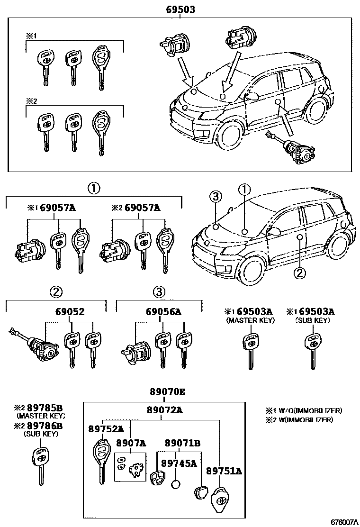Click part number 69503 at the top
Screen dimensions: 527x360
(180, 9)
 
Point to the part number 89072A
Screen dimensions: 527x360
(164, 410)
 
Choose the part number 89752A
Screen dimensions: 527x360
(106, 429)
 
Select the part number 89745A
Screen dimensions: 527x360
(179, 463)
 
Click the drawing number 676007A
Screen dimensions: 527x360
(343, 522)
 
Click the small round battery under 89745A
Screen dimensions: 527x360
(176, 485)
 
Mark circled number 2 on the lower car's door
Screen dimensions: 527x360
(298, 272)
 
